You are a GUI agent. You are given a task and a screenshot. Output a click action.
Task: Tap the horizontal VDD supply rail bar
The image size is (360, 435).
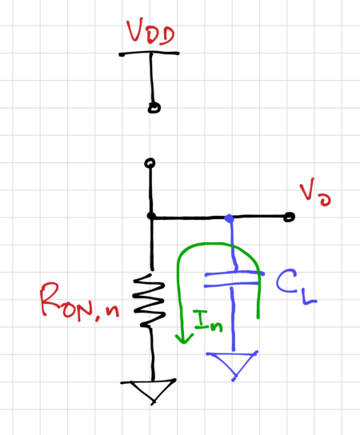click(x=149, y=54)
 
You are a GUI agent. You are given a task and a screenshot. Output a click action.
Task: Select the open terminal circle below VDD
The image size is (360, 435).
click(x=154, y=108)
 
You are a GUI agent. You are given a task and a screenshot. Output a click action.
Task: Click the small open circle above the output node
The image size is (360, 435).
click(x=150, y=163)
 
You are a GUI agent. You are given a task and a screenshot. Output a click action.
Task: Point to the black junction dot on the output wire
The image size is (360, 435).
click(x=151, y=216)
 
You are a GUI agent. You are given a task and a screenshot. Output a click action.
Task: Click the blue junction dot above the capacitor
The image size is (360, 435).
click(x=229, y=218)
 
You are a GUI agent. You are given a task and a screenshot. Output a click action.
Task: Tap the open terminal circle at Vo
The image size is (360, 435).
click(x=289, y=217)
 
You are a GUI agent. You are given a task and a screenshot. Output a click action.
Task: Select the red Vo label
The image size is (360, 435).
click(x=315, y=192)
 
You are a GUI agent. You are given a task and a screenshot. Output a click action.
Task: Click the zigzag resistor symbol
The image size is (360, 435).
click(x=150, y=300)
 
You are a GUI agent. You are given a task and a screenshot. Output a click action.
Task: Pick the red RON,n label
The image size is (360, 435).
click(x=80, y=301)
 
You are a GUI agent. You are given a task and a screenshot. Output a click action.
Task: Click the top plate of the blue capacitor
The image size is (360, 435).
click(x=234, y=273)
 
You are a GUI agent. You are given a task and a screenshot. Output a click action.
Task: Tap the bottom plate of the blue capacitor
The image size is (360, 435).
click(x=232, y=285)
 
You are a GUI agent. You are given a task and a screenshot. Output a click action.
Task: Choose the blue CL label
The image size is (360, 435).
click(x=296, y=287)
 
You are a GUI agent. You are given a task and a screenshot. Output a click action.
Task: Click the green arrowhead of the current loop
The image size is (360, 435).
click(x=184, y=338)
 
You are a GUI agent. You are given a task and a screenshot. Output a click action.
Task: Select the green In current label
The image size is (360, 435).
click(x=208, y=321)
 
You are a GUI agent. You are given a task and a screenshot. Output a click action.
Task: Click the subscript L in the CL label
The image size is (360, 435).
click(x=310, y=297)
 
